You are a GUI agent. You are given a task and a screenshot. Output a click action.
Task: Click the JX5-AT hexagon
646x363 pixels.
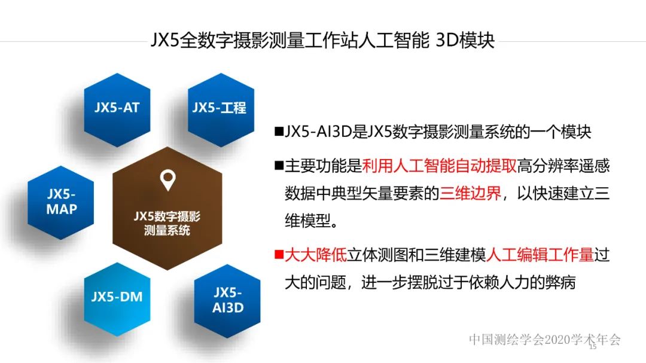(x=117, y=107)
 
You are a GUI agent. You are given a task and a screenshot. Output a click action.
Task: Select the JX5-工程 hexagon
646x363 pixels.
(x=219, y=107)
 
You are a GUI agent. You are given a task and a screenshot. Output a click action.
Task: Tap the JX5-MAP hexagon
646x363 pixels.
(x=61, y=202)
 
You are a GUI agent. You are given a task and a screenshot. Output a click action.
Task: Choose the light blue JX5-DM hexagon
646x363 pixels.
(x=117, y=296)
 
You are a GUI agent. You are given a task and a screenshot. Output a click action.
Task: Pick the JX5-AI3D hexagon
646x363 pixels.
(x=228, y=300)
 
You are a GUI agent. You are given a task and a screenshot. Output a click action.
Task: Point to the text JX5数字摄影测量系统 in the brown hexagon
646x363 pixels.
(x=167, y=222)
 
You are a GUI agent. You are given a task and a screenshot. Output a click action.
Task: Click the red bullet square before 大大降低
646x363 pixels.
(x=278, y=255)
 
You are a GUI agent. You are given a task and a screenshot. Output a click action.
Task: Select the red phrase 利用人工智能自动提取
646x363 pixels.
(x=440, y=165)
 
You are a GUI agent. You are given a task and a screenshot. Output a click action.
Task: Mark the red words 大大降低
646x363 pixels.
(x=316, y=255)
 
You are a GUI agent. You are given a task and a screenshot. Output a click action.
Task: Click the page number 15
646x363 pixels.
(x=593, y=346)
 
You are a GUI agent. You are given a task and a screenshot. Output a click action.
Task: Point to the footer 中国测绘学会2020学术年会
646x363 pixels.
(x=544, y=340)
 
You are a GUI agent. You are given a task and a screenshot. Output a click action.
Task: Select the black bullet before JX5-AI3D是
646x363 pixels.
(x=278, y=132)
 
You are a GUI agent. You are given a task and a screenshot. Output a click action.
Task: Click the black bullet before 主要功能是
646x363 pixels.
(x=278, y=165)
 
